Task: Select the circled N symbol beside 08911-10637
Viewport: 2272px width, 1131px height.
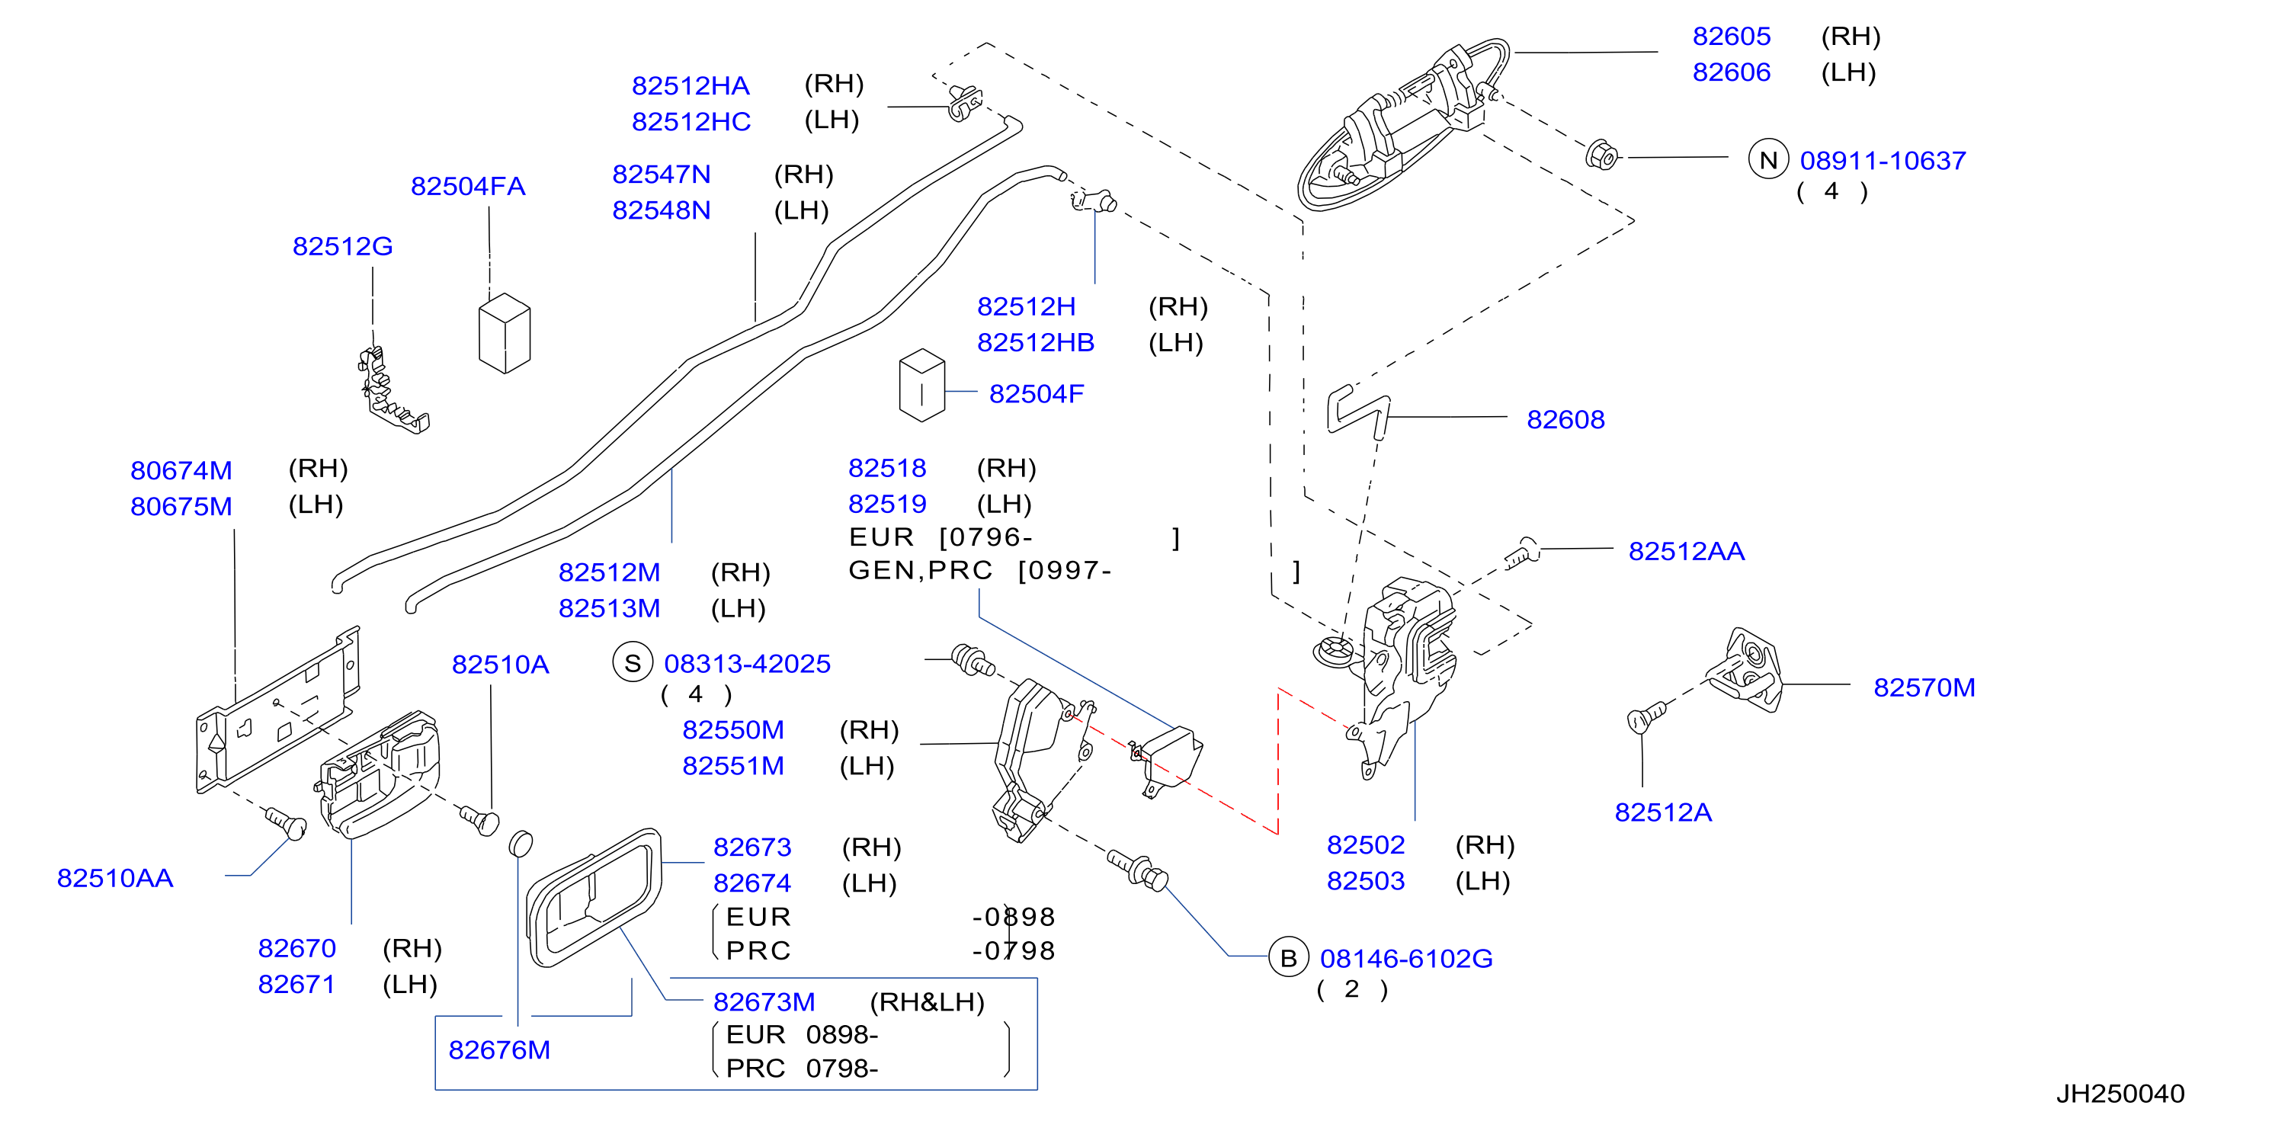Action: point(1767,160)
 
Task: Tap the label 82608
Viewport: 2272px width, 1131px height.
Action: point(1565,419)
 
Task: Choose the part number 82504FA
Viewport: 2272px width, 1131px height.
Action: point(467,186)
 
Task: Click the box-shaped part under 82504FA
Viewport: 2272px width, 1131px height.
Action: point(505,332)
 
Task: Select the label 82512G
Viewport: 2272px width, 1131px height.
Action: point(342,246)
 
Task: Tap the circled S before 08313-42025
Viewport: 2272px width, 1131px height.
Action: point(633,663)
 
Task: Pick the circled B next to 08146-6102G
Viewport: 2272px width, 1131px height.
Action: point(1288,957)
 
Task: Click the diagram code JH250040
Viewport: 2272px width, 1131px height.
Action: point(2120,1094)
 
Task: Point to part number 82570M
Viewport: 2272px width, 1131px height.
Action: point(1924,687)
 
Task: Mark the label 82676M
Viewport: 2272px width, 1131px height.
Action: point(499,1050)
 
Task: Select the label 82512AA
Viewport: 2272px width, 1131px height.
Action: point(1687,551)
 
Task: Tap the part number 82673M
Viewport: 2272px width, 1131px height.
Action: point(764,1002)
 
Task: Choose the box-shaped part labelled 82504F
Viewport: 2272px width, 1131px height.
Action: point(921,385)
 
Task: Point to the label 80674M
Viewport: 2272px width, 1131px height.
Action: point(181,470)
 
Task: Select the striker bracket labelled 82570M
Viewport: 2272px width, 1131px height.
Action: point(1744,671)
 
